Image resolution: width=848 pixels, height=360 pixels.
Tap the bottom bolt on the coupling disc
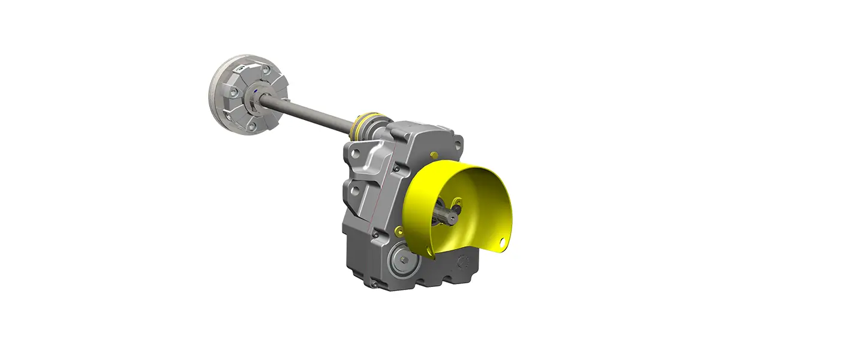pos(252,125)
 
